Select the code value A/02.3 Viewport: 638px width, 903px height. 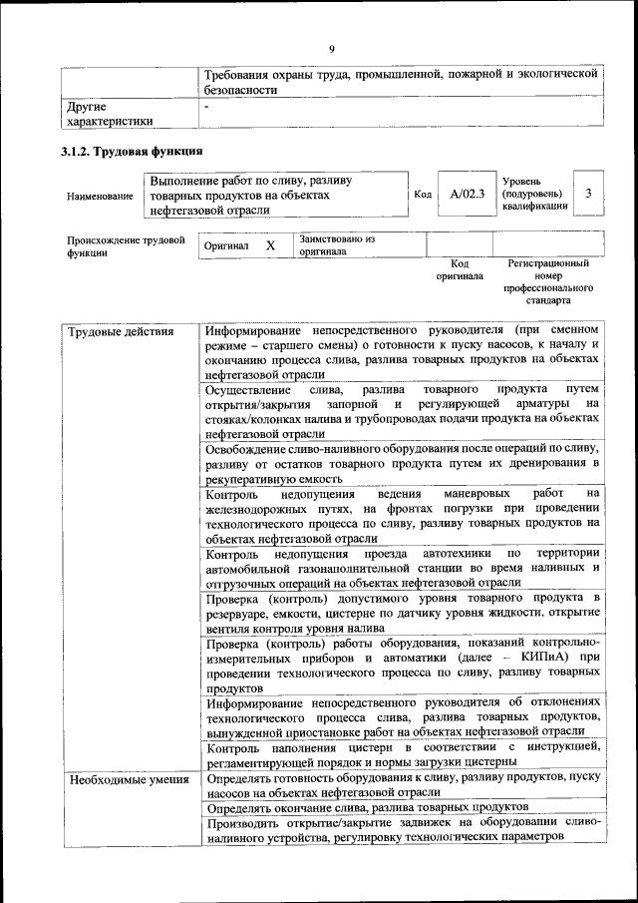pyautogui.click(x=467, y=195)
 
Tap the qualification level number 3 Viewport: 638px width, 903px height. pyautogui.click(x=589, y=195)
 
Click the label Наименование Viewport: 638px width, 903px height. pyautogui.click(x=100, y=197)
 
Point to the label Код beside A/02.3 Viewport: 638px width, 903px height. pyautogui.click(x=422, y=195)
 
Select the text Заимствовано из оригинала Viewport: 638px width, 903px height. pyautogui.click(x=336, y=245)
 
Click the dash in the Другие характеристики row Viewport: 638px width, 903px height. pyautogui.click(x=207, y=105)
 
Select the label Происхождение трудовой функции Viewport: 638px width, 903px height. pyautogui.click(x=126, y=245)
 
